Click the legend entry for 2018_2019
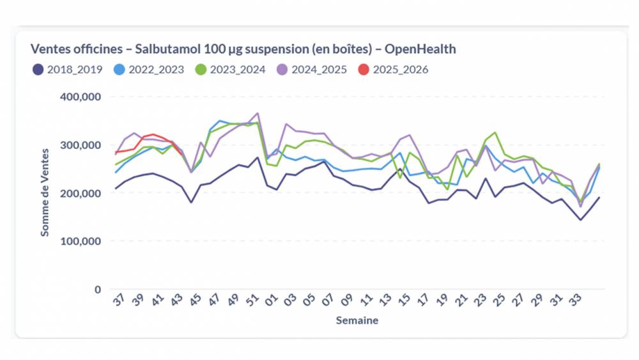pyautogui.click(x=67, y=70)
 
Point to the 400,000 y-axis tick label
pyautogui.click(x=80, y=97)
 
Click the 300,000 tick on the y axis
pyautogui.click(x=80, y=145)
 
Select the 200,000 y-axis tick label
pyautogui.click(x=80, y=193)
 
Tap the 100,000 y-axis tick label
pyautogui.click(x=80, y=241)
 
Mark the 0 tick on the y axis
pyautogui.click(x=97, y=289)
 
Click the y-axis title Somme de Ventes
pyautogui.click(x=45, y=192)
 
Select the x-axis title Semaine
pyautogui.click(x=357, y=320)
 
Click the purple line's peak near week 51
pyautogui.click(x=258, y=113)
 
